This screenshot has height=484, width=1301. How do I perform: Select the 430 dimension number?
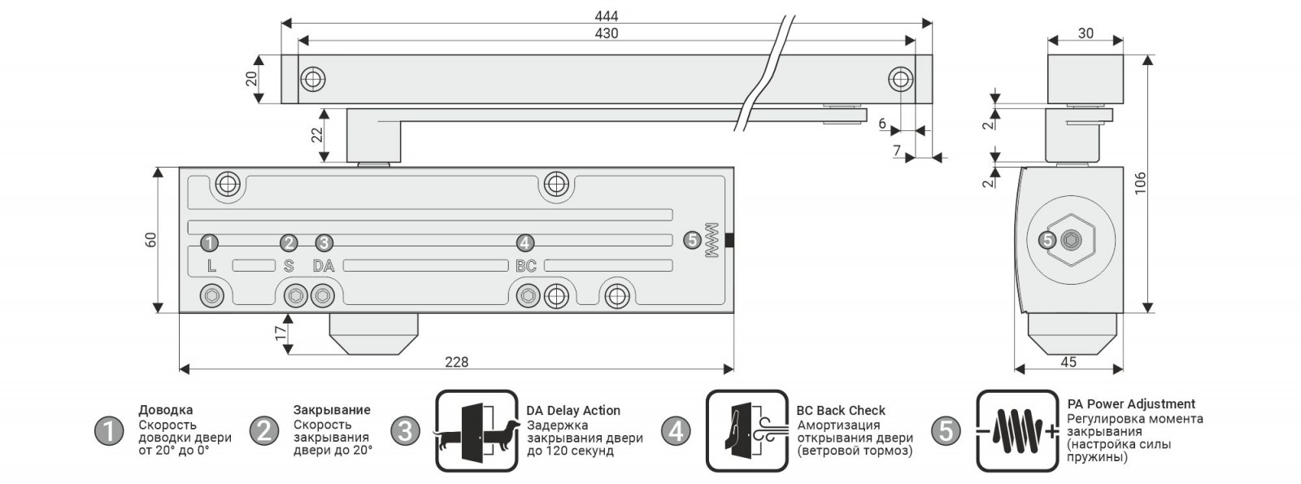607,33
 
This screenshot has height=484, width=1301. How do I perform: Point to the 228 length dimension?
457,362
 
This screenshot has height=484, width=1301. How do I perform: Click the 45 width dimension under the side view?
1069,362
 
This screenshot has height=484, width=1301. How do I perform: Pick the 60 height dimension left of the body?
150,240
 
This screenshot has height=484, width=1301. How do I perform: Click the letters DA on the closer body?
324,266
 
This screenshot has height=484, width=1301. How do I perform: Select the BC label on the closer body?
526,266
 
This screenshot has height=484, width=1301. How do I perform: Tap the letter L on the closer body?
211,266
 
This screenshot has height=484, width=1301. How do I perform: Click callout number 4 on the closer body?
525,242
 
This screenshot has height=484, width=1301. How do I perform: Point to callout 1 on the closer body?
209,242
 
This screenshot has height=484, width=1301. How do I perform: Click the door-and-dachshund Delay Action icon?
476,431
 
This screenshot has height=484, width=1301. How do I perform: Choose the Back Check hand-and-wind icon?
746,431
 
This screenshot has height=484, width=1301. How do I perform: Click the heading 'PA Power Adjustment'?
1131,404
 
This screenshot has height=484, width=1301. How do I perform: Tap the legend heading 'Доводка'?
166,410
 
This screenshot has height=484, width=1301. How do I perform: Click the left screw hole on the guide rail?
312,79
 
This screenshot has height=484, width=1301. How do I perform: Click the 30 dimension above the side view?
1086,34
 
